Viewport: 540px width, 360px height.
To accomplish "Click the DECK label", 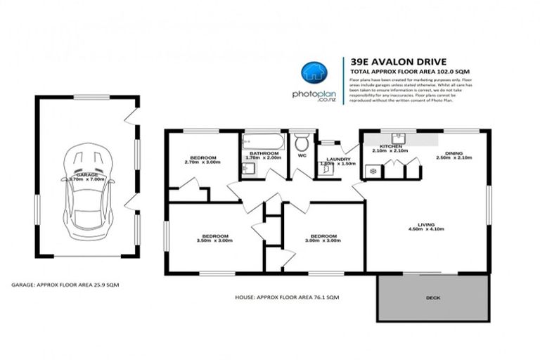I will click(x=433, y=297).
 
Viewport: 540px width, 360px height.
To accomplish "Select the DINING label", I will click(x=454, y=153).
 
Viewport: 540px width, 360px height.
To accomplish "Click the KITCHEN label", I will click(x=390, y=146).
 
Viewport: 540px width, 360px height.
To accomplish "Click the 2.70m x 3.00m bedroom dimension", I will click(x=202, y=162).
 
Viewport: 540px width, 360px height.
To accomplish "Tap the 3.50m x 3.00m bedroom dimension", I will click(x=213, y=240).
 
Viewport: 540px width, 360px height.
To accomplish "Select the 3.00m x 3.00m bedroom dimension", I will click(x=323, y=240).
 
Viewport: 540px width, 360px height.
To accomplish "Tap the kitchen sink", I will click(x=396, y=137).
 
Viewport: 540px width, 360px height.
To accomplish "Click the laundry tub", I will click(x=326, y=170).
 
